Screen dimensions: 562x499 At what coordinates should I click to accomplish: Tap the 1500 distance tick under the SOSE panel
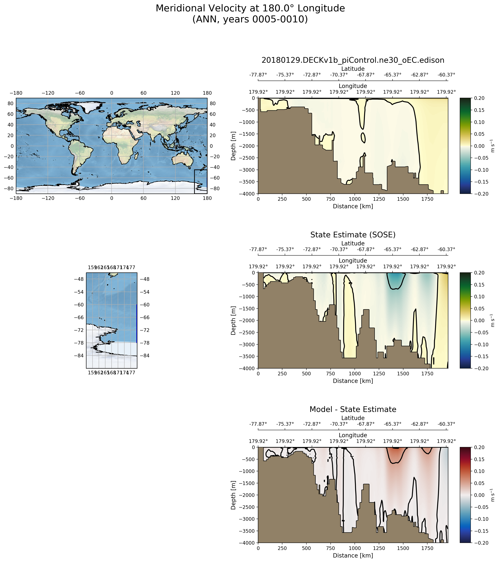[x=403, y=373]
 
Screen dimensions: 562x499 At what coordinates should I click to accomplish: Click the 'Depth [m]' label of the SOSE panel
[x=233, y=320]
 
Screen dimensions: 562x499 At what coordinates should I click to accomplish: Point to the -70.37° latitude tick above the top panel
[x=339, y=75]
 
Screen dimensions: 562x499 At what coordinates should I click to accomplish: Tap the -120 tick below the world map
[x=48, y=198]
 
